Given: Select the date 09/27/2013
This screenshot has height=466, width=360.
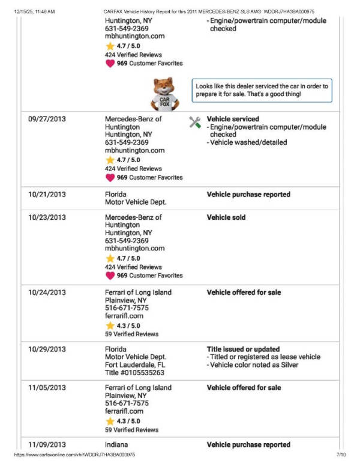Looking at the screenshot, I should [x=47, y=119].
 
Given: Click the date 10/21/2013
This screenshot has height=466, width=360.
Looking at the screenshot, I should [x=47, y=195].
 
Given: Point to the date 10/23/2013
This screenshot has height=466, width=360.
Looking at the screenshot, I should [x=47, y=217].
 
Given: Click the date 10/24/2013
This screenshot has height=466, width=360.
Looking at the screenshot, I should [x=47, y=292].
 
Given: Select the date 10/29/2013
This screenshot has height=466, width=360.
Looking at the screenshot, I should [x=47, y=349].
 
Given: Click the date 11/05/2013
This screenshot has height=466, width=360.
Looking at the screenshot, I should [x=47, y=387].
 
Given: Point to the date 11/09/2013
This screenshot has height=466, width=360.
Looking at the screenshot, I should [x=47, y=444].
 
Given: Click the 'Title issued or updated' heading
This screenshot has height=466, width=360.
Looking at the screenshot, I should [x=243, y=349].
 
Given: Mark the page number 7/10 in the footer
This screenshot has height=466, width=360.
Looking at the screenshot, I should [x=342, y=455].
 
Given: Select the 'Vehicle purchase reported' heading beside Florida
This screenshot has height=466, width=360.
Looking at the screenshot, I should [x=248, y=195].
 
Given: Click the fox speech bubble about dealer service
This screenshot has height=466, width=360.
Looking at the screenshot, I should [x=262, y=90].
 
